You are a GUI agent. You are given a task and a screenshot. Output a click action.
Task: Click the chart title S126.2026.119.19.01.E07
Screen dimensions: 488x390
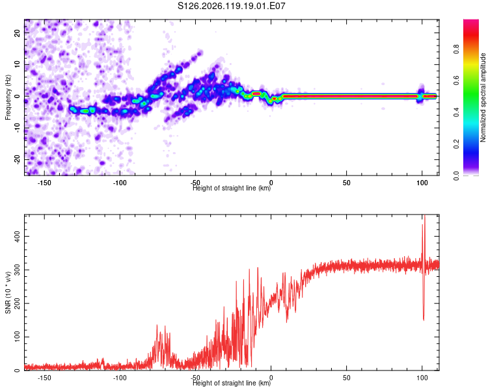point(231,6)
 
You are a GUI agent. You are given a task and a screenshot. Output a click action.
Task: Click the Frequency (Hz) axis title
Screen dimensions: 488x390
point(8,97)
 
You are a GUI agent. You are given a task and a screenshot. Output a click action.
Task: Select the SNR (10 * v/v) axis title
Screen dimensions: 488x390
point(8,292)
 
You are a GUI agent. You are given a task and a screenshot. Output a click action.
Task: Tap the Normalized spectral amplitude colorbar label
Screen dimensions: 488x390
point(483,97)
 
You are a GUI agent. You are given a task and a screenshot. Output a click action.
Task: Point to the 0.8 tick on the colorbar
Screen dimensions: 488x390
point(456,49)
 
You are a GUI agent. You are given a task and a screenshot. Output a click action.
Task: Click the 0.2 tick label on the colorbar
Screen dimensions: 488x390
point(456,144)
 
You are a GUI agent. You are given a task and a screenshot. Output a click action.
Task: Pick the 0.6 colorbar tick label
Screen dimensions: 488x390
point(456,80)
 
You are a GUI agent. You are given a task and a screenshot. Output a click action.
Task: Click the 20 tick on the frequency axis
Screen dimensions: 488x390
point(17,32)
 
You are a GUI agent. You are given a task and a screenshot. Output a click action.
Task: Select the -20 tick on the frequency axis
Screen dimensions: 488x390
point(17,160)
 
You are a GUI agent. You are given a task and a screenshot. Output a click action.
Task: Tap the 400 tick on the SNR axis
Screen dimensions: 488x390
point(17,237)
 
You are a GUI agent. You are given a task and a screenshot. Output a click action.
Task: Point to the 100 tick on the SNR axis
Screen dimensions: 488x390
point(17,337)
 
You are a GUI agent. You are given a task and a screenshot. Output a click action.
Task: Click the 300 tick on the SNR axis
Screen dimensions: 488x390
point(17,270)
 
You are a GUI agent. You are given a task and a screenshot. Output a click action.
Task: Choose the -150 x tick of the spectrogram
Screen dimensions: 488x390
point(44,183)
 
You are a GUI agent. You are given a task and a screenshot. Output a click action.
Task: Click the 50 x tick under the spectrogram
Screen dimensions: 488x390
point(346,183)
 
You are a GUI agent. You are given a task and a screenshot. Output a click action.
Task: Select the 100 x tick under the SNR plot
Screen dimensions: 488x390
point(422,378)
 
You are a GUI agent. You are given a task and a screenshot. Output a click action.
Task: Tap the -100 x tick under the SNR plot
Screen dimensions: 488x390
point(120,378)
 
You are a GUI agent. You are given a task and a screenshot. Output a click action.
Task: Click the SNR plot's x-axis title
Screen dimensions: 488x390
point(232,383)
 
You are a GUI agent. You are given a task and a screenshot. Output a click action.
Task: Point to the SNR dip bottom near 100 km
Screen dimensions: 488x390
point(424,320)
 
